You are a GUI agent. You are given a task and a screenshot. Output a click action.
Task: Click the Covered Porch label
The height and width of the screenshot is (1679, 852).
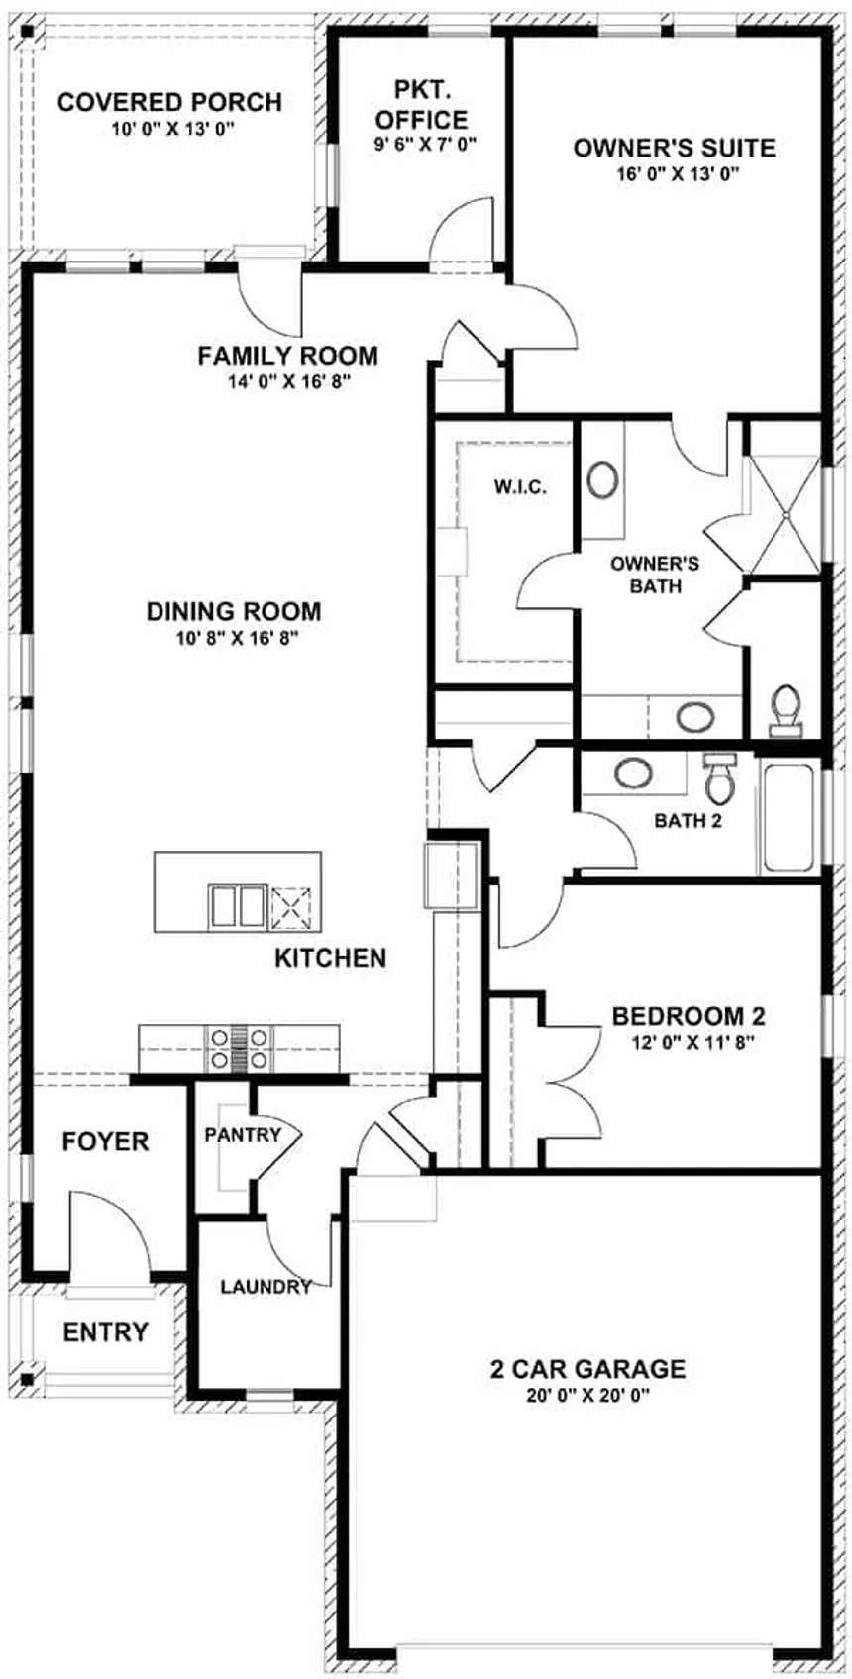coord(169,102)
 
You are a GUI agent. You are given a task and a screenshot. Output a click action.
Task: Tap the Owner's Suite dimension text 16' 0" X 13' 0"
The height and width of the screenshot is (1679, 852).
coord(679,174)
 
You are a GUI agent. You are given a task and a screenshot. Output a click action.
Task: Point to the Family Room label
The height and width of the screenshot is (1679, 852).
coord(287,356)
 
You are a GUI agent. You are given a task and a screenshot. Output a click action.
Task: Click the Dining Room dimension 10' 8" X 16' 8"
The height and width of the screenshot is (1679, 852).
coord(233,638)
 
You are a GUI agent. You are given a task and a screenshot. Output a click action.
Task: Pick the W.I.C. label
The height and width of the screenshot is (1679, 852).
coord(520,487)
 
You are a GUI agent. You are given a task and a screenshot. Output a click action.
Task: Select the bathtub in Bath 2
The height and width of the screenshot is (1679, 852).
coord(788,818)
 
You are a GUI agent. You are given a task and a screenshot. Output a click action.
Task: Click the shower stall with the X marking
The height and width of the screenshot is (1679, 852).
coord(785,515)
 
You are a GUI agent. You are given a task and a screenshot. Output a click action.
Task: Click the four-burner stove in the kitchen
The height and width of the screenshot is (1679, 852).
coord(239,1048)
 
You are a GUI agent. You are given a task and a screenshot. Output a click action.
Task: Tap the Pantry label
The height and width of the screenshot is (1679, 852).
coord(243,1135)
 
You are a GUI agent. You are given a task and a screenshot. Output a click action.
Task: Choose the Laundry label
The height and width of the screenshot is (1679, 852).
coord(266,1287)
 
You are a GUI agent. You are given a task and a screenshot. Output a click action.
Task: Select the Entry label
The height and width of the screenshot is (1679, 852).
coord(106,1332)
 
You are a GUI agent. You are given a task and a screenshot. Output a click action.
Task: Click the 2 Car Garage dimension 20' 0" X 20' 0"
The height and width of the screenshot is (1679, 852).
coord(588,1396)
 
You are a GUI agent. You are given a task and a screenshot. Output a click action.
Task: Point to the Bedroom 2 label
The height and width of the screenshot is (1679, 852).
coord(689,1016)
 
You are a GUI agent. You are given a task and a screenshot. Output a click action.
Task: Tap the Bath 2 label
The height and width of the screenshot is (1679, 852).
coord(688,821)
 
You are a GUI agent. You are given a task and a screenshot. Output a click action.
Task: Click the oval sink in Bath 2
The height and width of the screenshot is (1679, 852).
coord(634,773)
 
